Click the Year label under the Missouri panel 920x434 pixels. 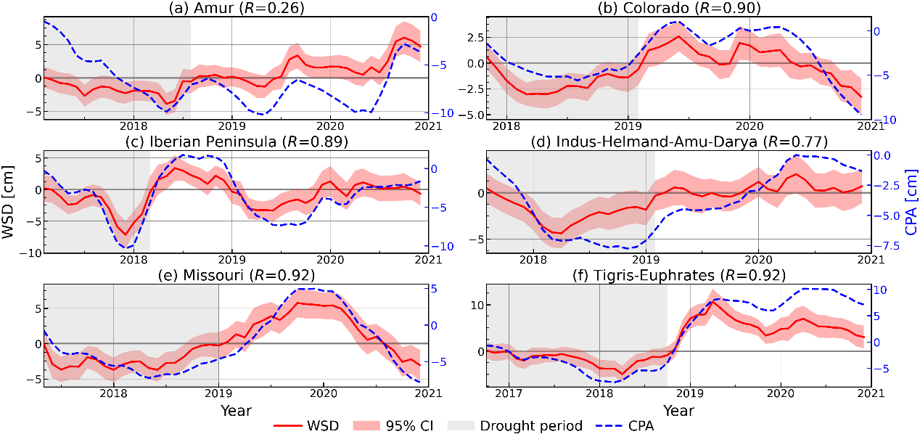(x=237, y=411)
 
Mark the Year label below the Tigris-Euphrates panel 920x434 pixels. (x=678, y=411)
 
